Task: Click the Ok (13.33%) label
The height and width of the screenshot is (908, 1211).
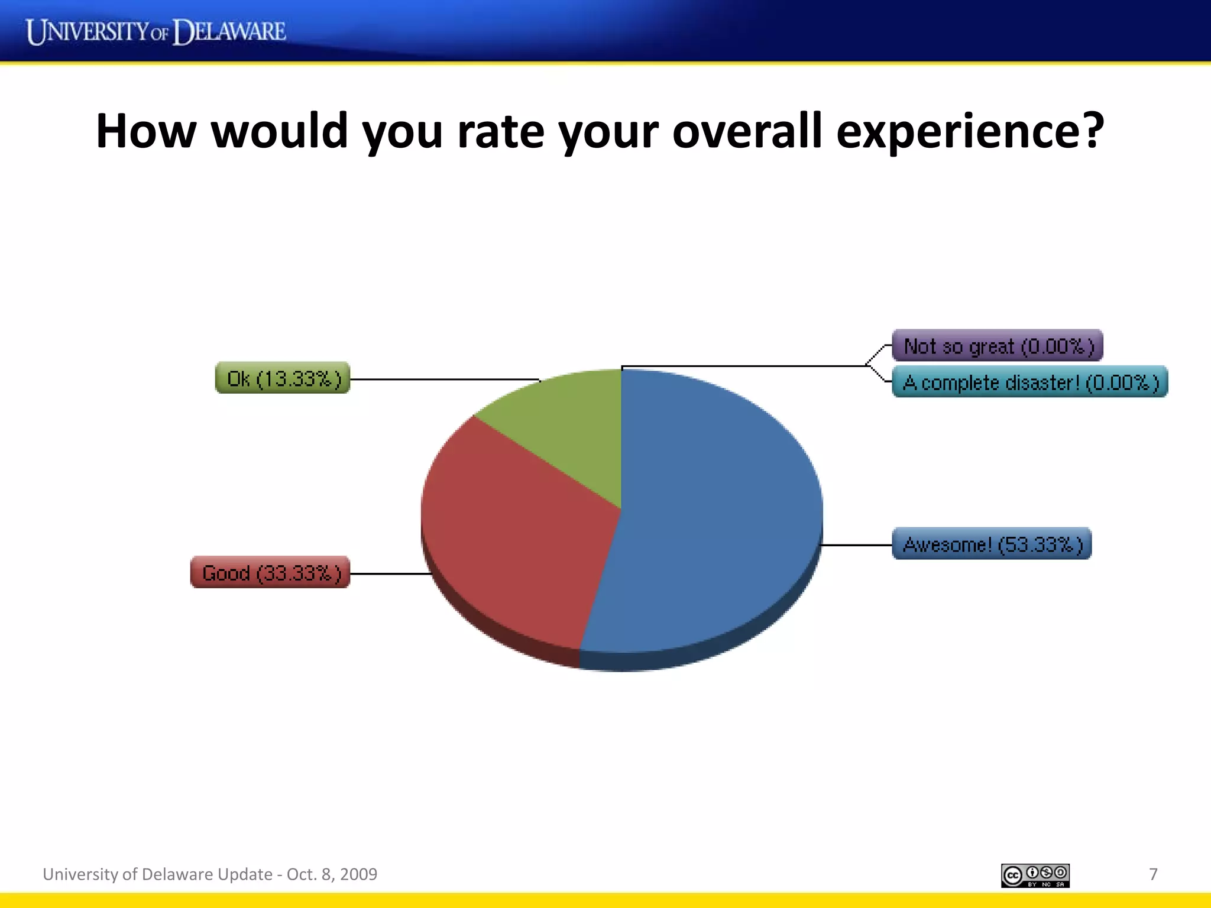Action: click(x=283, y=378)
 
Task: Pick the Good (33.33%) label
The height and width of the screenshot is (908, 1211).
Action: click(x=270, y=572)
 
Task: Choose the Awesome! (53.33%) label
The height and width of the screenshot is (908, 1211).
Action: click(x=992, y=544)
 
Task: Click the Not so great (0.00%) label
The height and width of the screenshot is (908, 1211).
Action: click(x=998, y=346)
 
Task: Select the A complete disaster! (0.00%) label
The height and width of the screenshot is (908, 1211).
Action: click(x=1029, y=382)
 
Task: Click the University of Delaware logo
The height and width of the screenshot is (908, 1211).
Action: click(x=156, y=31)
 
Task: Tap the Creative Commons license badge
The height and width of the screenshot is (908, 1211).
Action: click(x=1035, y=875)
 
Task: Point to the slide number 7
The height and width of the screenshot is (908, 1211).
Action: click(x=1153, y=874)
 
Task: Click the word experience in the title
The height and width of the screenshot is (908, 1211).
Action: click(x=970, y=131)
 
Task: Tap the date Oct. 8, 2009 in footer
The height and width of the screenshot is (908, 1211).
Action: click(x=332, y=874)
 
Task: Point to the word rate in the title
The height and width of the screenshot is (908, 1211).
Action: click(x=500, y=131)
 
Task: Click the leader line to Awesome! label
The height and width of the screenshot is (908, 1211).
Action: click(x=857, y=544)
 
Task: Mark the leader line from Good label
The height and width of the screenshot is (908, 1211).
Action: click(x=390, y=573)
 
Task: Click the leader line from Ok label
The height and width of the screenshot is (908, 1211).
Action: click(x=443, y=379)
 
